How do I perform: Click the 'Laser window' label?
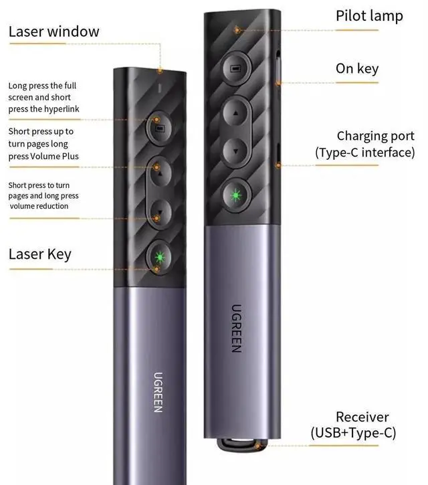(53, 31)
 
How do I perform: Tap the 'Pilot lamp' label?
(369, 16)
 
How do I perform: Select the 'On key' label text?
(357, 68)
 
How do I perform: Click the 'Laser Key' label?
(39, 254)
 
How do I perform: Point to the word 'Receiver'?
(362, 417)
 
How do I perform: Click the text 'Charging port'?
(370, 136)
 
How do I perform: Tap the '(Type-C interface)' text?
(365, 153)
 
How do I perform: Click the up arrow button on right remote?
(235, 112)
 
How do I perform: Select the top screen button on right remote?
(235, 69)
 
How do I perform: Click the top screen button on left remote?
(158, 127)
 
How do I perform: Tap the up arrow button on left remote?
(160, 175)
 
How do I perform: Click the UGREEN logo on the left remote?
(158, 391)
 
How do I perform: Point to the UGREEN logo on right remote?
(236, 328)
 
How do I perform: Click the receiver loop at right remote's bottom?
(238, 446)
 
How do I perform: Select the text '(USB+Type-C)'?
(353, 433)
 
